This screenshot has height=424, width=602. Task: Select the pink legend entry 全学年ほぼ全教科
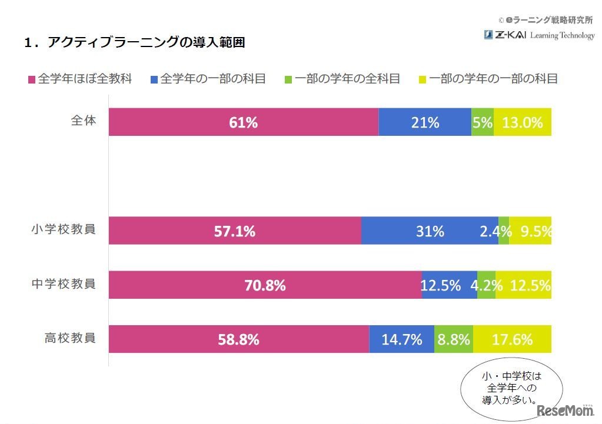point(79,79)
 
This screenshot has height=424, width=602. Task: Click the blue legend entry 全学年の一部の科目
point(208,79)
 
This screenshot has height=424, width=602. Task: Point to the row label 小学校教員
point(64,230)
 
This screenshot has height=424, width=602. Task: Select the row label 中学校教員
point(64,284)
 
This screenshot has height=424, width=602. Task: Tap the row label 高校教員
point(70,338)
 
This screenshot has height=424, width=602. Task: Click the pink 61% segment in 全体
point(243,122)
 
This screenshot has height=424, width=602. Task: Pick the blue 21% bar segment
point(425,122)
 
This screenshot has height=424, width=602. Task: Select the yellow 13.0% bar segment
point(523,122)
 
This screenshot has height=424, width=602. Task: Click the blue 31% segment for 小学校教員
point(430,231)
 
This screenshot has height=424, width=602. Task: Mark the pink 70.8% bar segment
point(265,285)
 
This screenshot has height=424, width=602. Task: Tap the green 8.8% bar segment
point(453,339)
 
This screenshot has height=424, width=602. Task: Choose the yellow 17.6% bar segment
point(512,339)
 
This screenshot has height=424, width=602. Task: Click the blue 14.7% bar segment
point(401,339)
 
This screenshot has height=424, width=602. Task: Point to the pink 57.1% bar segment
point(234,231)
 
